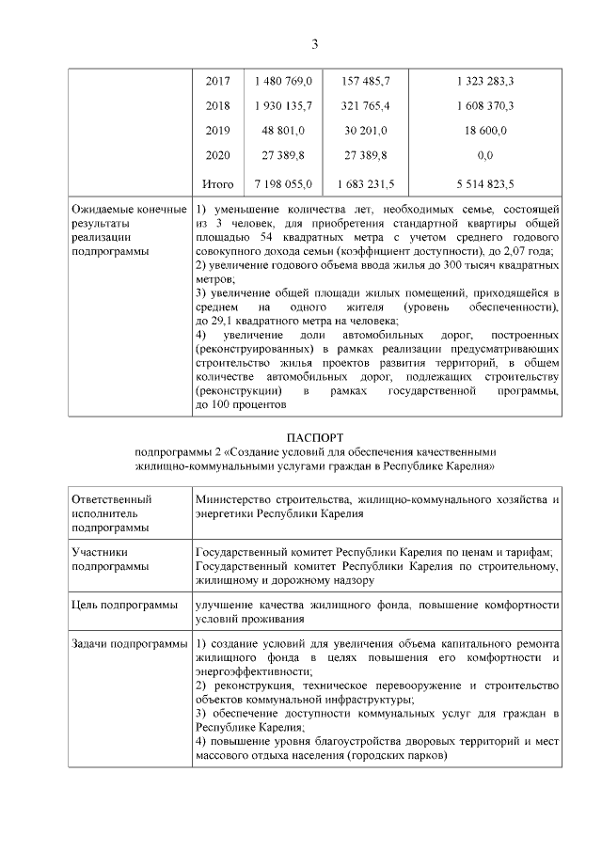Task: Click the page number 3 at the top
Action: click(x=315, y=44)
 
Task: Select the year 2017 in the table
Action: click(x=217, y=82)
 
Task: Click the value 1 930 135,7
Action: click(x=283, y=105)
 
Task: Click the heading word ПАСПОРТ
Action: click(x=315, y=437)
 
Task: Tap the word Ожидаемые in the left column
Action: click(x=103, y=208)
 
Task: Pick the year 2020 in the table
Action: click(x=217, y=154)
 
